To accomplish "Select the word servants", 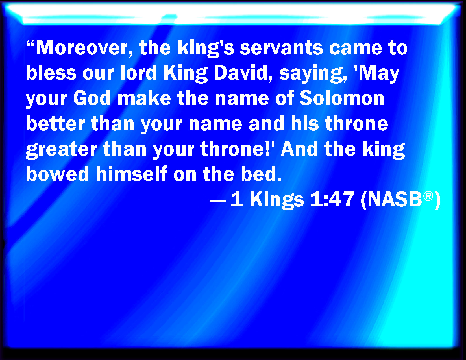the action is [281, 48].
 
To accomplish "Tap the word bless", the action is [51, 73].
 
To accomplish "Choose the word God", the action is [92, 98].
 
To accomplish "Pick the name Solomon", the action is [342, 98].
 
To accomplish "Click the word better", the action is [55, 123].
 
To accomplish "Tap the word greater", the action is [61, 150].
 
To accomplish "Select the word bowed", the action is [57, 174].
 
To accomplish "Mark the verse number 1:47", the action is [332, 199].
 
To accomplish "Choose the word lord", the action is [138, 73].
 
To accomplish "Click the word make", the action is [144, 98].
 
